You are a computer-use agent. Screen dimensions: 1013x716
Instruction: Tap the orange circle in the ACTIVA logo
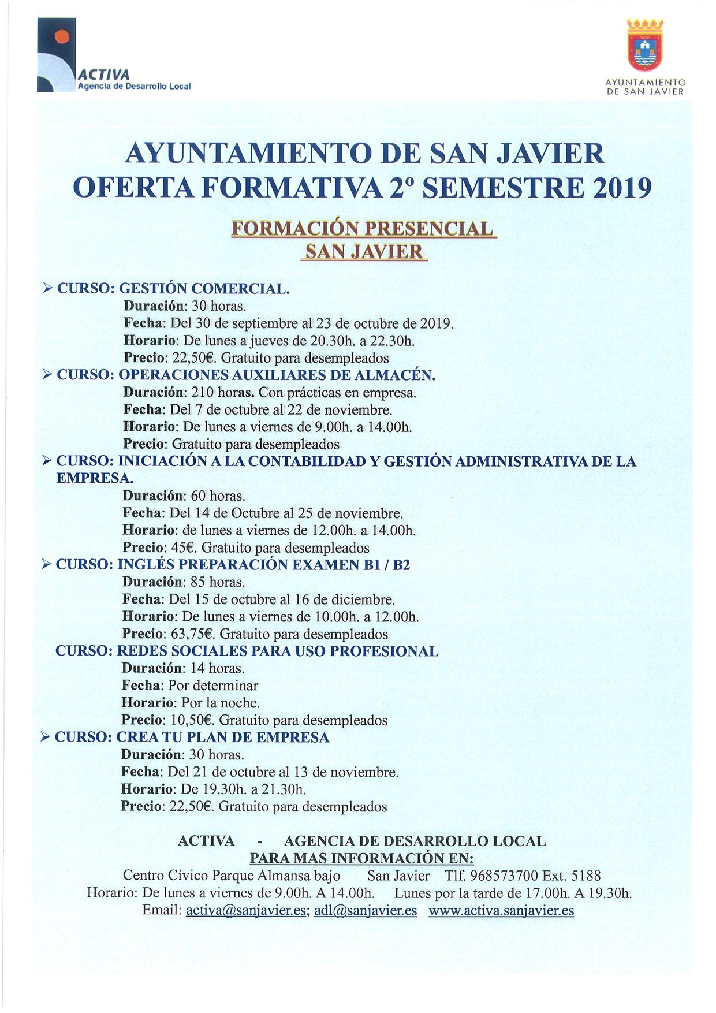(61, 36)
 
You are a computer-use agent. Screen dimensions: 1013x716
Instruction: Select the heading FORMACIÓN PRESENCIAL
(363, 229)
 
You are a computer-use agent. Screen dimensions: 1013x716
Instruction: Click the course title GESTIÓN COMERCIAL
(204, 288)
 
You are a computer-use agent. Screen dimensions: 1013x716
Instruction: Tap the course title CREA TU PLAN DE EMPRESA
(222, 737)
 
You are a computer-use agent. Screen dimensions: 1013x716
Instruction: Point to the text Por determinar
(213, 686)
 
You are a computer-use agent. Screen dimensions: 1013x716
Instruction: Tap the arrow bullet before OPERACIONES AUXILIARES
(48, 375)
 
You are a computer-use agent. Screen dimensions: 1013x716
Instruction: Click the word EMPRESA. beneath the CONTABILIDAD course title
(95, 478)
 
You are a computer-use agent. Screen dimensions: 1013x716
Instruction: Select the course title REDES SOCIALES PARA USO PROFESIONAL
(277, 651)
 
